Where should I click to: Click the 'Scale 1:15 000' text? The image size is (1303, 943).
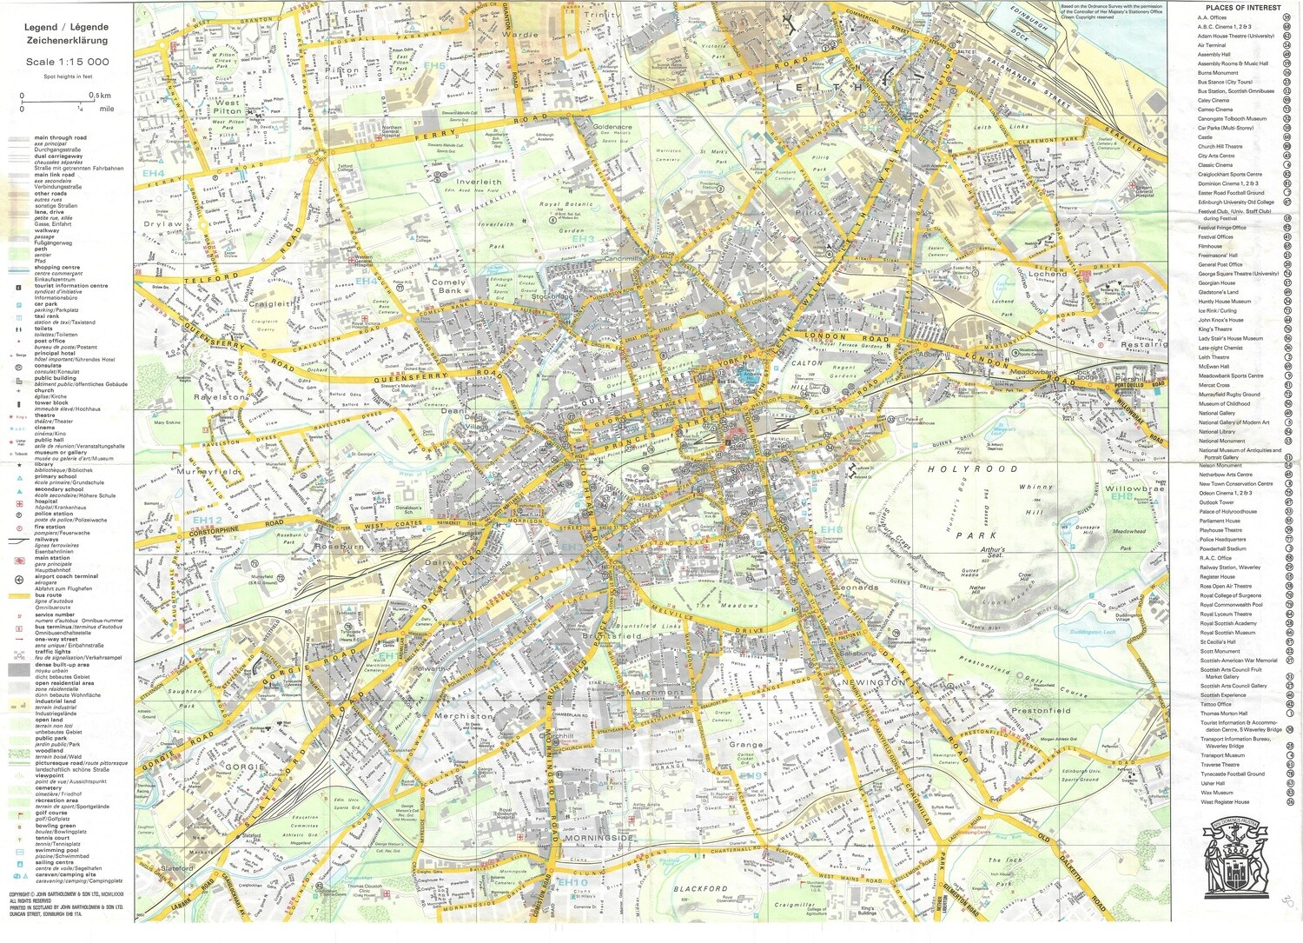pos(67,62)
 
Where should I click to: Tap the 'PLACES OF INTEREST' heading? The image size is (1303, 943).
pos(1243,8)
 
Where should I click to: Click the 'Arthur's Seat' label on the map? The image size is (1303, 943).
pos(992,553)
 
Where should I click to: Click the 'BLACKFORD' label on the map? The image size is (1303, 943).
pos(700,889)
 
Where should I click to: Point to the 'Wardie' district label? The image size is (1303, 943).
pos(520,36)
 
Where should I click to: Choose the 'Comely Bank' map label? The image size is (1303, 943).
pos(448,286)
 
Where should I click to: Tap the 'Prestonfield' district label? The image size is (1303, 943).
pos(1041,711)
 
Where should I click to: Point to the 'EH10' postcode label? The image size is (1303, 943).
pos(573,883)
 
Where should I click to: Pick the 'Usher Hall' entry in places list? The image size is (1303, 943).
pos(1212,783)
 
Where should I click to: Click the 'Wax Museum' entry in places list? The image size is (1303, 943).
pos(1216,793)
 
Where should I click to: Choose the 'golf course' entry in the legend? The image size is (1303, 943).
pos(50,814)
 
